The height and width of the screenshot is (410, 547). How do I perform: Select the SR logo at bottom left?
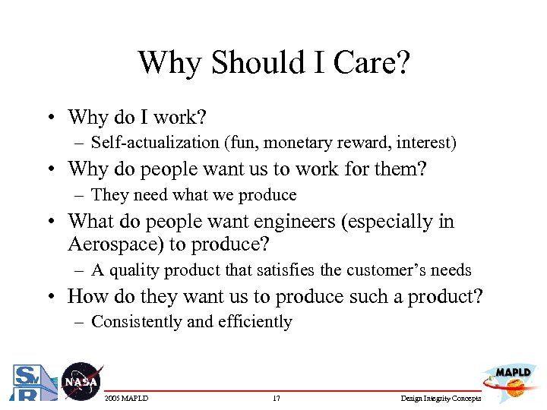click(30, 383)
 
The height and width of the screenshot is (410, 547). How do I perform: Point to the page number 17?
click(275, 399)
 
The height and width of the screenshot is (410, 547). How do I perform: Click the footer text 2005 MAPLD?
click(126, 399)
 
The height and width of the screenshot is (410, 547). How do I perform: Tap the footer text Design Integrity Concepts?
click(441, 399)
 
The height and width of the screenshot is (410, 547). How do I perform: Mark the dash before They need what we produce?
click(80, 195)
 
